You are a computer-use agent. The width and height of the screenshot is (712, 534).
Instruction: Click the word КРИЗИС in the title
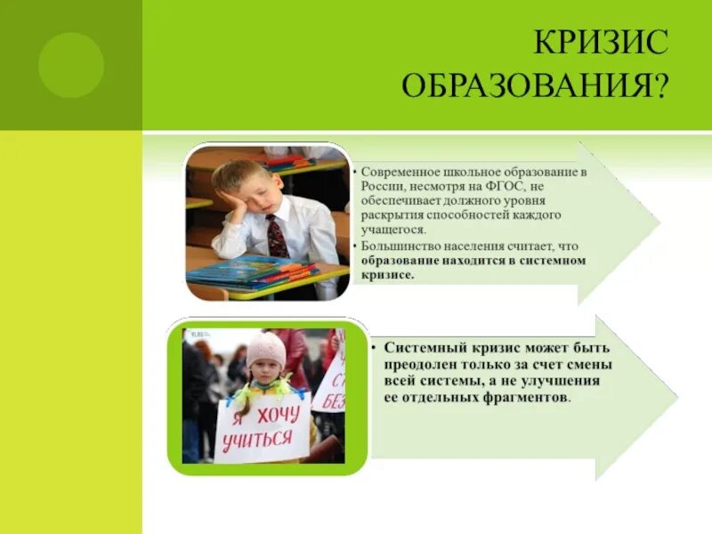tap(599, 42)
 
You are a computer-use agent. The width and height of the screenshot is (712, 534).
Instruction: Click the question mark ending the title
tap(660, 86)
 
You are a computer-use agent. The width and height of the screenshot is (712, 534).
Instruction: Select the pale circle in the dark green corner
tap(70, 65)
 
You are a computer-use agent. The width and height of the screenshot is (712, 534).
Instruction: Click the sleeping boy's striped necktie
tap(277, 236)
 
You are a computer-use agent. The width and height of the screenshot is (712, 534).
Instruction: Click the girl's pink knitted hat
tap(266, 350)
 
